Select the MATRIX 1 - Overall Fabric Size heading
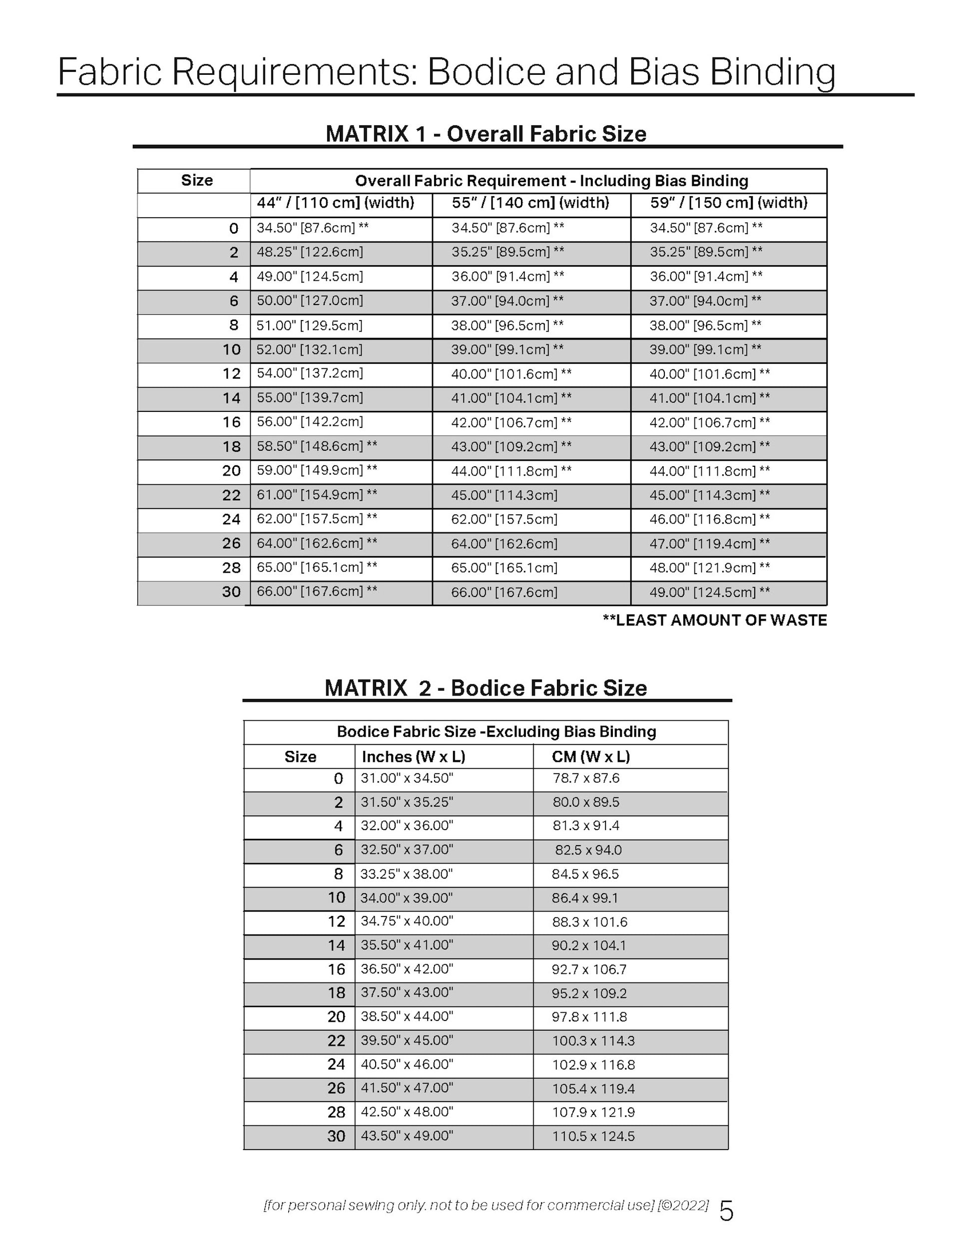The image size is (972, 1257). coord(486,134)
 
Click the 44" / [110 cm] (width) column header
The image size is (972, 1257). coord(335,203)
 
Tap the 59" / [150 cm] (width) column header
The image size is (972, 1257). coord(728,203)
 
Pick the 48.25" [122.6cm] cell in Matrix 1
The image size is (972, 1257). coord(310,252)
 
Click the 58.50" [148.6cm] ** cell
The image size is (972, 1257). coord(317,446)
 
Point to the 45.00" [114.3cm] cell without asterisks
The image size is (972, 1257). coord(504,495)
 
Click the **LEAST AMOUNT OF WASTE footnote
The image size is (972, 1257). coord(715,621)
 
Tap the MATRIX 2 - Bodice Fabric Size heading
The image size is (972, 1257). coord(486,688)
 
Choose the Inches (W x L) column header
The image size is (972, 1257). coord(413,757)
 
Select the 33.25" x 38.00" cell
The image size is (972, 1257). coord(407,874)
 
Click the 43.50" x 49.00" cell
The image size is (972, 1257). coord(407,1136)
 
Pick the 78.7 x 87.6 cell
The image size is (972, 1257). coord(585,779)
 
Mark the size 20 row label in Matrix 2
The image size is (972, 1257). coord(336,1017)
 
